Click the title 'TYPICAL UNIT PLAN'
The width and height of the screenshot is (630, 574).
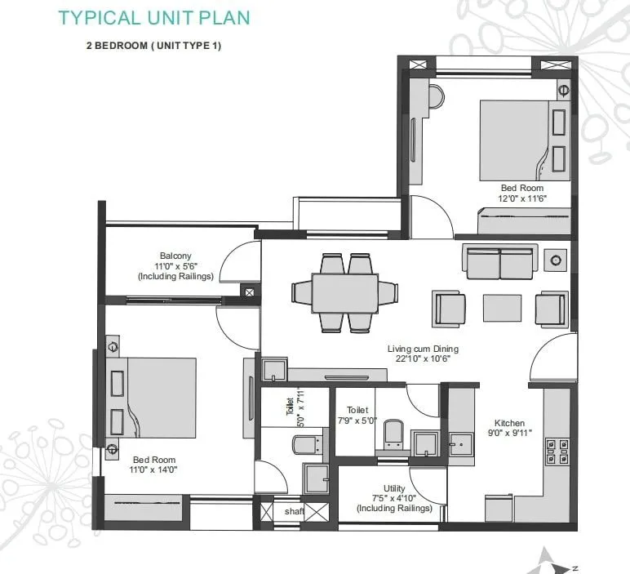pos(155,17)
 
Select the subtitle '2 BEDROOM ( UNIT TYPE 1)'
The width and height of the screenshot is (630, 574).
pos(153,46)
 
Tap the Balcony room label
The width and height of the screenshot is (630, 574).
pos(175,256)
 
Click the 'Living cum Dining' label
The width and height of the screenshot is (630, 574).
pos(419,349)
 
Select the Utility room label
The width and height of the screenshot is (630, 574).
pos(394,488)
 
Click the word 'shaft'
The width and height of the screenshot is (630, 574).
pos(294,511)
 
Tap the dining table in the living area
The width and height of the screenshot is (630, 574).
pos(344,293)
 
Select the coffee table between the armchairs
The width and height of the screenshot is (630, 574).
pos(502,308)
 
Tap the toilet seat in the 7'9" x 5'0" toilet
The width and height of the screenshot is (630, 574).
pos(393,432)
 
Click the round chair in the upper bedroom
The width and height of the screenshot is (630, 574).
pos(433,96)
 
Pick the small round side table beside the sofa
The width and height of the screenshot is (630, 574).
pos(556,260)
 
